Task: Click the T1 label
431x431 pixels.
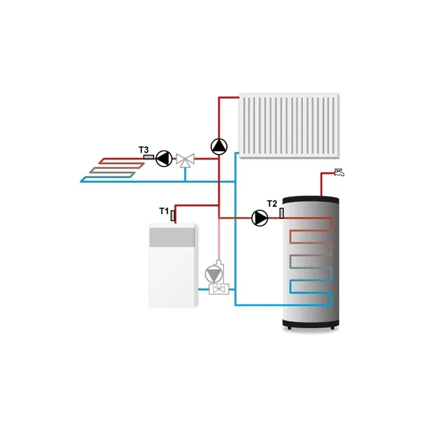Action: coord(163,211)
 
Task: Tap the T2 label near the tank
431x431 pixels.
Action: coord(272,204)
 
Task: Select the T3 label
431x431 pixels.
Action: coord(143,150)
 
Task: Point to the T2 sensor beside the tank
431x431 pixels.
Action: coord(282,212)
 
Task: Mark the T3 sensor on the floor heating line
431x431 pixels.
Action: coord(149,155)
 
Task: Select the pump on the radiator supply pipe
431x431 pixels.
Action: coord(219,146)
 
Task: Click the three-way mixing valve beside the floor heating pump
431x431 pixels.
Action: coord(187,160)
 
